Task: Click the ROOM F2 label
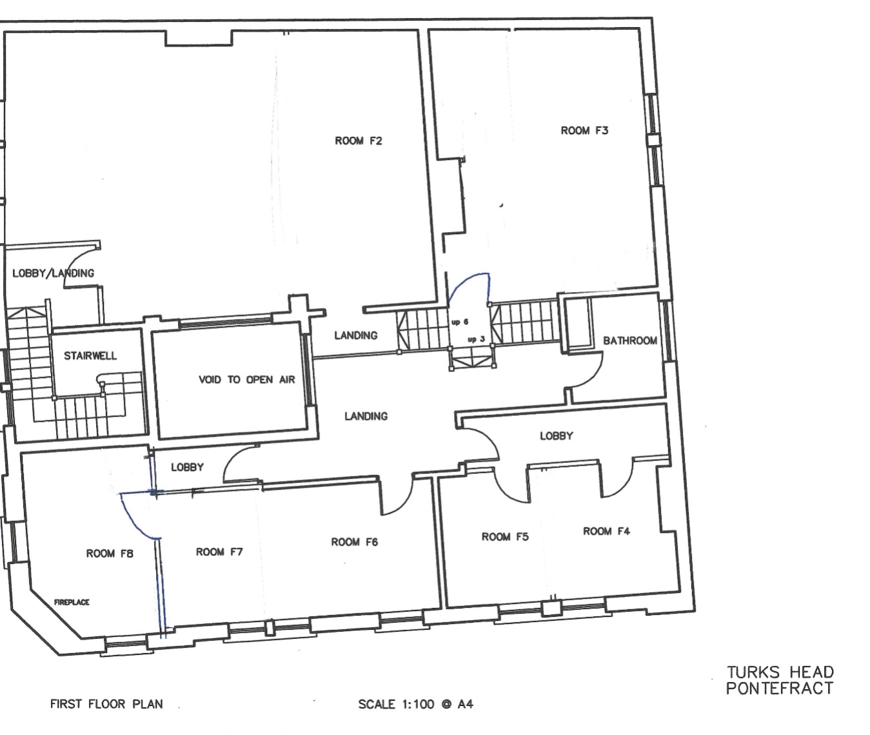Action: pyautogui.click(x=359, y=141)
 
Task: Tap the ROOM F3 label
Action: pyautogui.click(x=584, y=131)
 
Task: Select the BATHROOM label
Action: pyautogui.click(x=630, y=341)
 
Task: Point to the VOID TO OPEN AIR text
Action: pyautogui.click(x=246, y=380)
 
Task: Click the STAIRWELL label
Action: pyautogui.click(x=90, y=356)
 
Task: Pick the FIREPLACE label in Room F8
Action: pyautogui.click(x=72, y=602)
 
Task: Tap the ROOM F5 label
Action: pyautogui.click(x=505, y=536)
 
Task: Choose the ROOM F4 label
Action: pyautogui.click(x=606, y=531)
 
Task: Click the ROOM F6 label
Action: pyautogui.click(x=354, y=542)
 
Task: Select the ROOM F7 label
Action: pyautogui.click(x=219, y=552)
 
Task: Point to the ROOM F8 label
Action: pyautogui.click(x=110, y=554)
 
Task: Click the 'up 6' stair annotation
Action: pyautogui.click(x=460, y=322)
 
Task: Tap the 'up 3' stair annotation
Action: pyautogui.click(x=476, y=339)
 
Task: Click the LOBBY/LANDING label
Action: pyautogui.click(x=54, y=273)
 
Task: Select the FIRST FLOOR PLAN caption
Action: pyautogui.click(x=106, y=704)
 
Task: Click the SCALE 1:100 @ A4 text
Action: pyautogui.click(x=416, y=704)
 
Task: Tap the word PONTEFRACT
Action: pyautogui.click(x=780, y=689)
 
